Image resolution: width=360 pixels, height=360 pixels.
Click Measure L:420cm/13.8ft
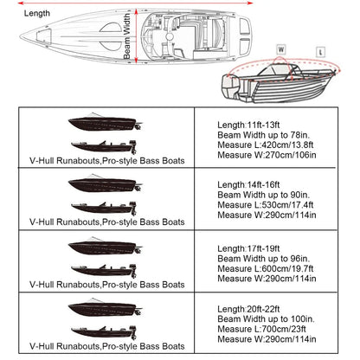coord(266,147)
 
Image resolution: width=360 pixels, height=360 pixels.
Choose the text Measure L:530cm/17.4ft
coord(266,206)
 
